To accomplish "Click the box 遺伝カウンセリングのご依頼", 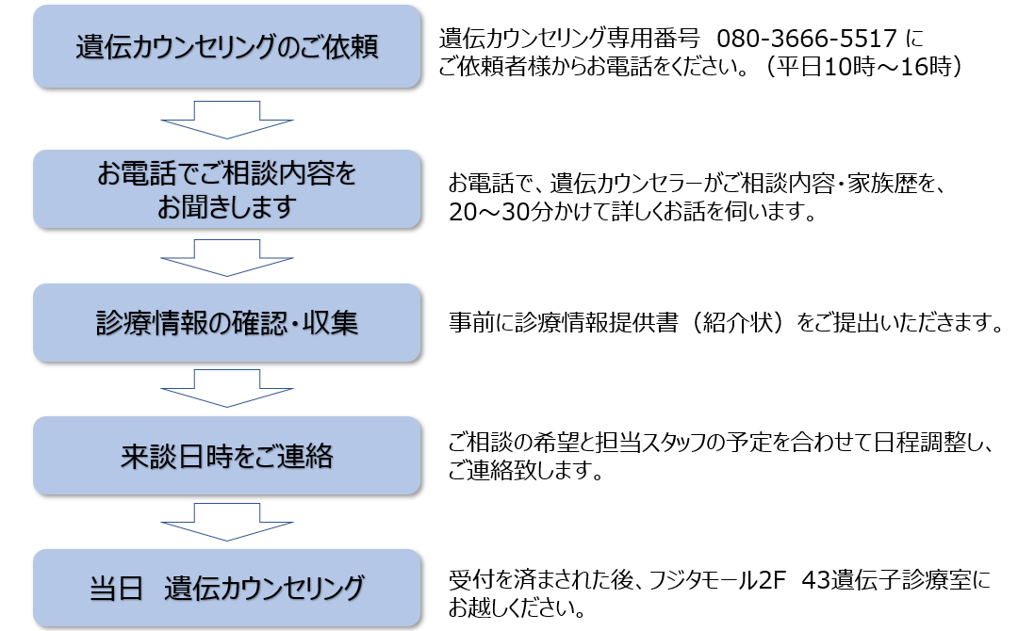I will (226, 47).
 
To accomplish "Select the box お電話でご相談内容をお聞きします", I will (226, 189).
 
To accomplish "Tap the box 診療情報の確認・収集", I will (226, 322).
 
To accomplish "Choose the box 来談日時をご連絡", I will (226, 456).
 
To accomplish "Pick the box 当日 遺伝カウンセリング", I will (226, 589).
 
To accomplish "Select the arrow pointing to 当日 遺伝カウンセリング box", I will (226, 523).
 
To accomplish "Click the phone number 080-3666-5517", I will (807, 39).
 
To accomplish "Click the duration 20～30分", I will (499, 213).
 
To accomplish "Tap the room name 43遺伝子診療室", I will (886, 582).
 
